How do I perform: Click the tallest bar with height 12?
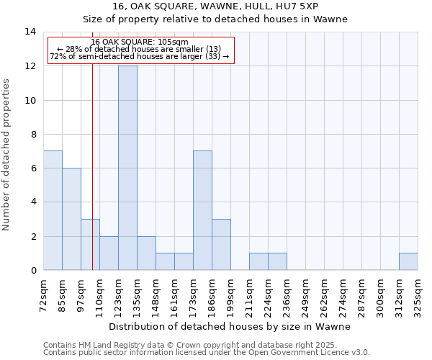127,168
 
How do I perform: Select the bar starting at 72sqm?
53,210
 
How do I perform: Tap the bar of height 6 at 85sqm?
71,219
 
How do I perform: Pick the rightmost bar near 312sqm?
408,261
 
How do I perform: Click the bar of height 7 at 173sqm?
202,210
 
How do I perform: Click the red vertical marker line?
92,180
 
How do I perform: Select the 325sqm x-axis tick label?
418,296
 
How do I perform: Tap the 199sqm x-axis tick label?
230,296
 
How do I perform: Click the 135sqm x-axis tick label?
137,296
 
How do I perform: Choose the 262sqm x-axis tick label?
324,296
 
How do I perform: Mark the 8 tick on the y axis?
32,134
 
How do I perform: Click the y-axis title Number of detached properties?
7,151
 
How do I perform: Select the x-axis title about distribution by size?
230,326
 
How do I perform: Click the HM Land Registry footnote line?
205,345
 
